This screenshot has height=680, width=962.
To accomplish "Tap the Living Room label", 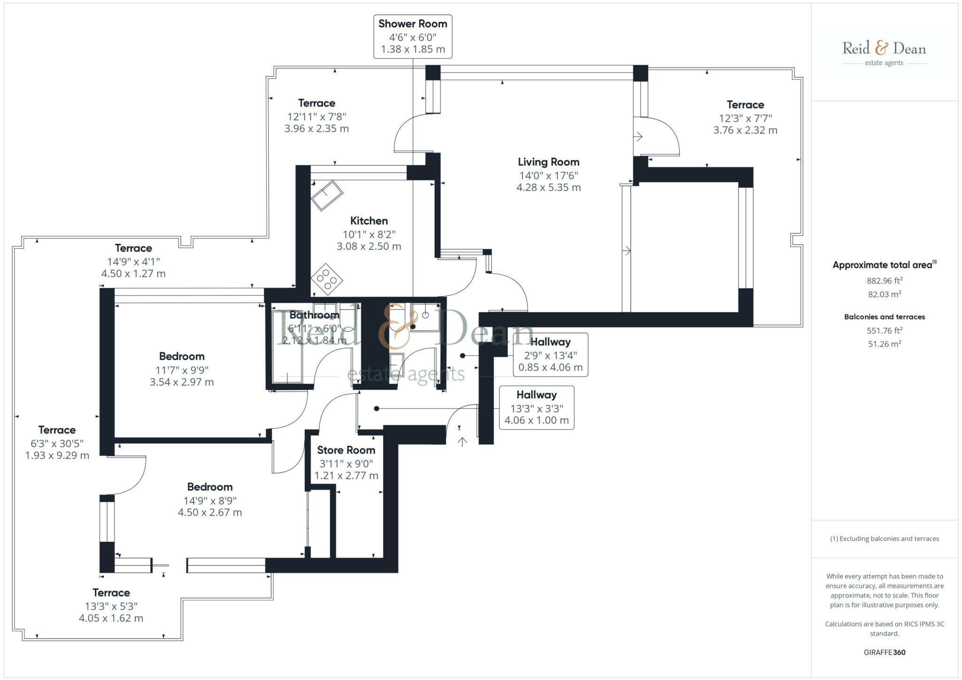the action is tap(549, 162).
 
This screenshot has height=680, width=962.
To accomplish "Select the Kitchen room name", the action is tap(369, 221).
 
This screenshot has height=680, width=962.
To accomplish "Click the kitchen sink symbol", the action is tap(327, 196).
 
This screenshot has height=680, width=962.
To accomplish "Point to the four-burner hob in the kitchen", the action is tap(326, 279).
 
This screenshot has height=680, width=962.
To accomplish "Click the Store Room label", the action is tap(346, 450).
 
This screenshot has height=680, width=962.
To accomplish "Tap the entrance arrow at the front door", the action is tap(462, 441).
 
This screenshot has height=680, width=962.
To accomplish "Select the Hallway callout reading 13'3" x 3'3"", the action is tap(536, 408).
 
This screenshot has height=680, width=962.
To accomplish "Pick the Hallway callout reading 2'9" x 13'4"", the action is tap(551, 355).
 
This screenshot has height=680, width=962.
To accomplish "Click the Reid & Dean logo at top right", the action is tap(884, 53).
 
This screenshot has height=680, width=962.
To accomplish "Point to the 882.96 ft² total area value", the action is tap(884, 281).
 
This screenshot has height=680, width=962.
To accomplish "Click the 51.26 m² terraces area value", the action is tap(884, 344).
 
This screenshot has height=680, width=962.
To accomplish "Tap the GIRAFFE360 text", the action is tap(884, 652).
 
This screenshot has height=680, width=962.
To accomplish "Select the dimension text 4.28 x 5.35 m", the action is tap(549, 187).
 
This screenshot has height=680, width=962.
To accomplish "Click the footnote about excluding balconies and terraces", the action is tap(884, 539).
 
